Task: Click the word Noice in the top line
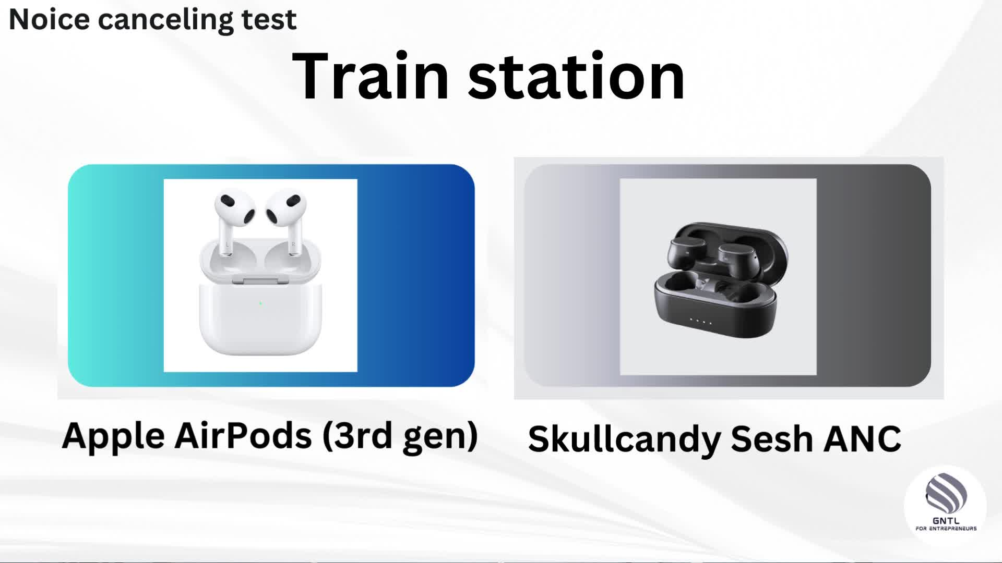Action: (50, 19)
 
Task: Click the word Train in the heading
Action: (371, 76)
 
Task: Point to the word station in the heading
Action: (576, 76)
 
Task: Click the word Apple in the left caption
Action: (113, 437)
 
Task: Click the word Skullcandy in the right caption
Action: (625, 440)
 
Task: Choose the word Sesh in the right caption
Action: (772, 439)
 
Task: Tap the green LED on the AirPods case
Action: (260, 303)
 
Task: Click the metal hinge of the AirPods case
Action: (260, 280)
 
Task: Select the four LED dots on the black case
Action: (701, 321)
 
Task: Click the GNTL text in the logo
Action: (946, 520)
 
